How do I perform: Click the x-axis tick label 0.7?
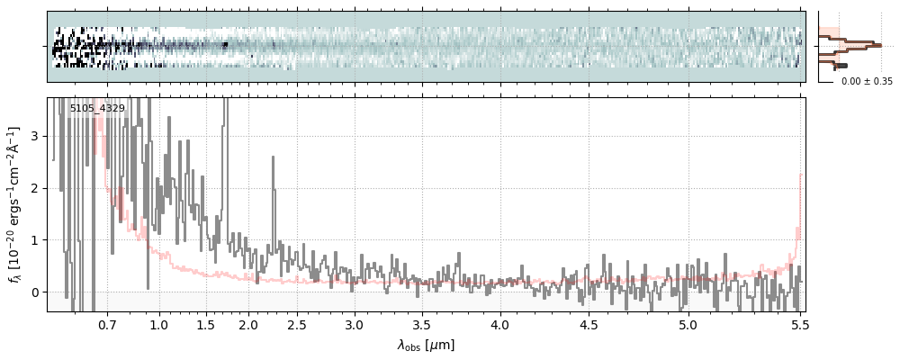point(107,324)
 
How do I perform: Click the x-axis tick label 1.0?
point(159,324)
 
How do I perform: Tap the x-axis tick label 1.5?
point(205,324)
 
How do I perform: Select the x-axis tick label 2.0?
point(247,324)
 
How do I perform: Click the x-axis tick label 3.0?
point(355,324)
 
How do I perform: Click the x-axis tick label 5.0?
point(688,324)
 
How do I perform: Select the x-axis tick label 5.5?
point(797,324)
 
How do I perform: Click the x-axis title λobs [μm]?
point(426,345)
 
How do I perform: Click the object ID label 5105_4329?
point(97,109)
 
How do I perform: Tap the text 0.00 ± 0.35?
point(867,82)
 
